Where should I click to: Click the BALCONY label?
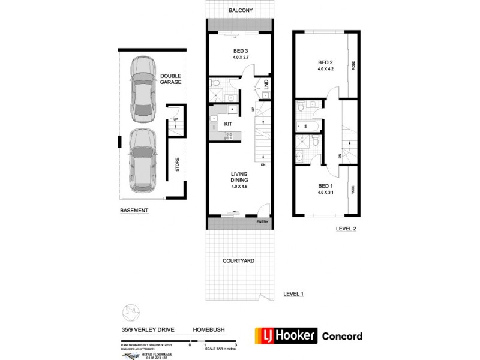(240, 11)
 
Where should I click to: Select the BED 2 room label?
(325, 62)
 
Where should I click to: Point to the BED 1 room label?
(325, 186)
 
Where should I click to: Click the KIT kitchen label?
(228, 124)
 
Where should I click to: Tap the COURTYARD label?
(239, 261)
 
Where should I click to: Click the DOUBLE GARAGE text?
(171, 79)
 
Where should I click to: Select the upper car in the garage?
(143, 88)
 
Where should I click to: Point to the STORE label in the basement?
(177, 165)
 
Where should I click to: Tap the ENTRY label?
(262, 223)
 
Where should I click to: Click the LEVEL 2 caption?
(346, 228)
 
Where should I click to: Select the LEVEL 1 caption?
(294, 293)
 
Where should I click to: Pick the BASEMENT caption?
(134, 211)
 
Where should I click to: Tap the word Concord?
(342, 336)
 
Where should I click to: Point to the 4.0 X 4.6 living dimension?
(240, 186)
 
